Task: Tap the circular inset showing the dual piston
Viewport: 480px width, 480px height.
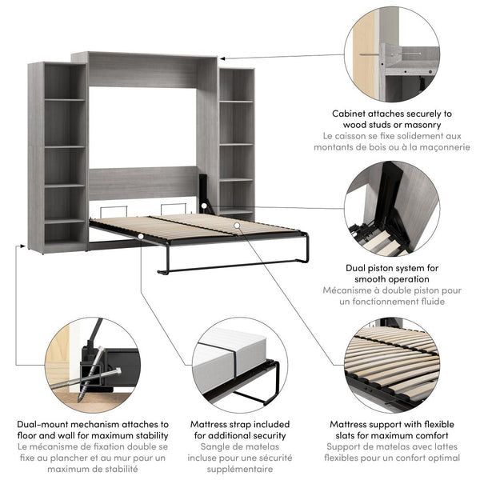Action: [x=393, y=210]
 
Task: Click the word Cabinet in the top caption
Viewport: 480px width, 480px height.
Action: [x=354, y=114]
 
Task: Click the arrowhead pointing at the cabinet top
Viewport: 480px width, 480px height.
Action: [x=222, y=58]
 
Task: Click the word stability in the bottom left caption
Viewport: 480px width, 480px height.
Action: [x=148, y=435]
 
